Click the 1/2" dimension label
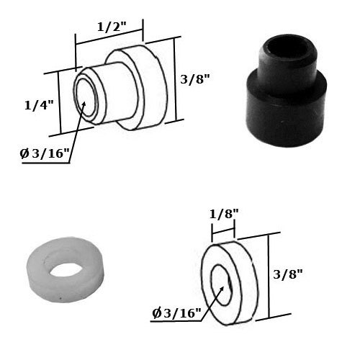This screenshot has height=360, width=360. click(111, 27)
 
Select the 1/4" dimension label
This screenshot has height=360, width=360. click(39, 105)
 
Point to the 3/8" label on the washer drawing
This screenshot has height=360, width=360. click(288, 274)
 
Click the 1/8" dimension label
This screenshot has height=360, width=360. click(223, 214)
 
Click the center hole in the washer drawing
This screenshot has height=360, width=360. click(220, 286)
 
